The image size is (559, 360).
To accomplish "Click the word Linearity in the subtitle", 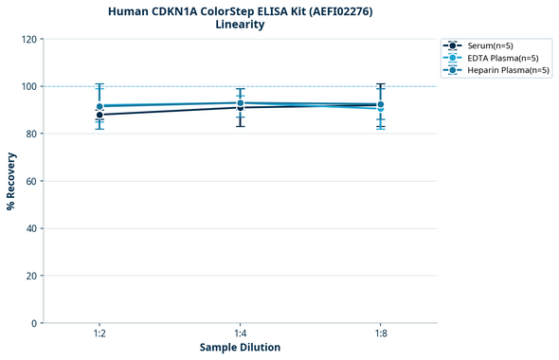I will [240, 25].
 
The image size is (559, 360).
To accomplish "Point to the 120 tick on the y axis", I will [28, 39].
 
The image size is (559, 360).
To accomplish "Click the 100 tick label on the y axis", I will [28, 86].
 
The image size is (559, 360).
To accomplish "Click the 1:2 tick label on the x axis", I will [99, 333].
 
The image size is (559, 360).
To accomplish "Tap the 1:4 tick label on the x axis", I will [241, 333].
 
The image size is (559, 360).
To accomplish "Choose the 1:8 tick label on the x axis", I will [381, 333].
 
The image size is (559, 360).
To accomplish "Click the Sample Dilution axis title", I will [240, 348].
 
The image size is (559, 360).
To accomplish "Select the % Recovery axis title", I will [11, 181].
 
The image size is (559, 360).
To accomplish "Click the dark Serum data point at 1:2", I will [99, 115].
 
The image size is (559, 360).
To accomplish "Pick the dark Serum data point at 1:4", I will [241, 107].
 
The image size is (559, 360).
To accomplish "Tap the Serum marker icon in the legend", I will [454, 45].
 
